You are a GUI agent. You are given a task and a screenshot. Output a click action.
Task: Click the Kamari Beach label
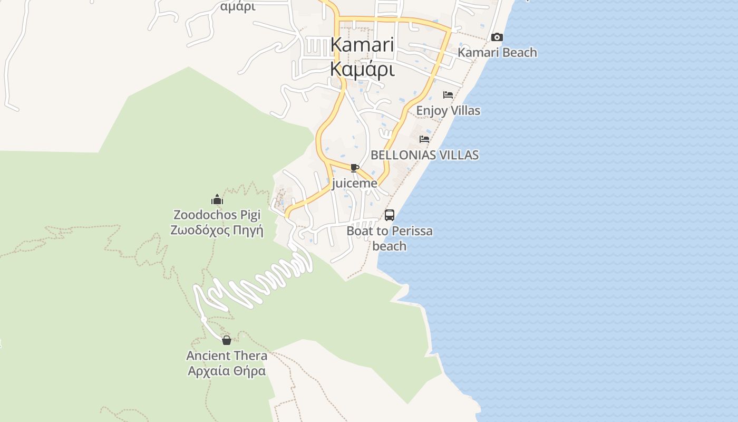point(497,52)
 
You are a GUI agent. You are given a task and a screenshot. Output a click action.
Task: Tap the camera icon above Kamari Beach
point(497,37)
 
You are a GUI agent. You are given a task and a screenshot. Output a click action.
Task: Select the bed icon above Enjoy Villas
point(448,95)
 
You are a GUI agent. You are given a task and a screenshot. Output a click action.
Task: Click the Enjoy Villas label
point(448,111)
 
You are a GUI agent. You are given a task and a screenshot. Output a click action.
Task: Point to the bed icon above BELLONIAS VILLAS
point(424,139)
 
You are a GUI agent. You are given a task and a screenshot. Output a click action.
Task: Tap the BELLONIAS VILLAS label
point(425,155)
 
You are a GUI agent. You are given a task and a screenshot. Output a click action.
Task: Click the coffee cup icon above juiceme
point(355,168)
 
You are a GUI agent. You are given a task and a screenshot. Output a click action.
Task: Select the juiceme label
point(355,184)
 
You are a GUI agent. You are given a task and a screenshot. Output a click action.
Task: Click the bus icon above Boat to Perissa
point(390,215)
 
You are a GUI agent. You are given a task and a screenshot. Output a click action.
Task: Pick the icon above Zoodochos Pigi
point(217,200)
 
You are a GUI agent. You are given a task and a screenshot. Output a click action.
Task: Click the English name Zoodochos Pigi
point(217,215)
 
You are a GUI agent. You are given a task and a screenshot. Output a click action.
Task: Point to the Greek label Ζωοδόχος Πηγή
point(217,231)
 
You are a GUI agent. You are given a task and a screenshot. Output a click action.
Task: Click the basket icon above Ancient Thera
point(227,340)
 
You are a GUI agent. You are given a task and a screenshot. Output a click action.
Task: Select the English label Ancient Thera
point(227,356)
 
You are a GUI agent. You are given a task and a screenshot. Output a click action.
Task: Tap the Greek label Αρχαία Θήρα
point(227,371)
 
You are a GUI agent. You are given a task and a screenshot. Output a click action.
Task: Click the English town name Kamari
point(362,45)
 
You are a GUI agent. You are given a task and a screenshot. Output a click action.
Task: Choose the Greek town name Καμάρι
point(362,69)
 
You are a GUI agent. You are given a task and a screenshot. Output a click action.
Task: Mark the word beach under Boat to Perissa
point(390,246)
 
